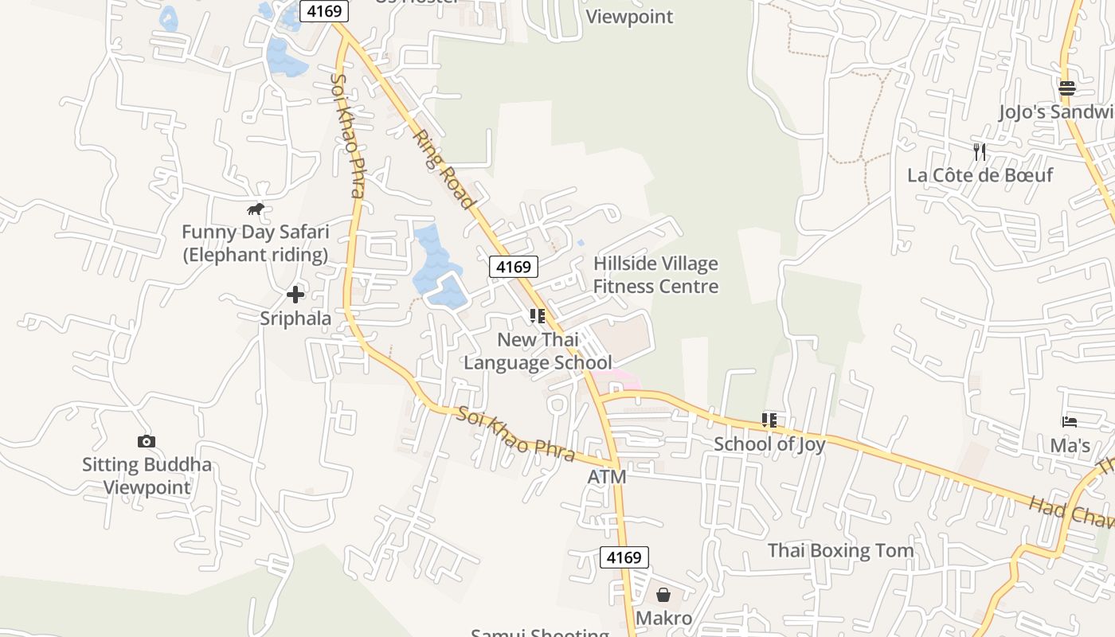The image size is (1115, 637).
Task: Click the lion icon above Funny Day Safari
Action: coord(255,209)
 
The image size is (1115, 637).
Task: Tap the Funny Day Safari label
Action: coord(255,244)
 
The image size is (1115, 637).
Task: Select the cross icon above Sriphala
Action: coord(295,295)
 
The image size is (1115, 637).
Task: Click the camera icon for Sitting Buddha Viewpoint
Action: coord(147,441)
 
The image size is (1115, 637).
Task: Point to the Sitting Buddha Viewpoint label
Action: coord(147,475)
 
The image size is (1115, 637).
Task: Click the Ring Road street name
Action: coord(444,170)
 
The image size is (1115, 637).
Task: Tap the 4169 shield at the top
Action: coord(324,11)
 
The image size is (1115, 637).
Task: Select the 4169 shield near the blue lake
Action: coord(514,267)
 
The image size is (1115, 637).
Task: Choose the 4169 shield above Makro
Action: coord(624,557)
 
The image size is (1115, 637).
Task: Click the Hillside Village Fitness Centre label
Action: coord(655,275)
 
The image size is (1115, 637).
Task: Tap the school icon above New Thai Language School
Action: coord(538,316)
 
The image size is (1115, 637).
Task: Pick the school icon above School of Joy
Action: coord(769,420)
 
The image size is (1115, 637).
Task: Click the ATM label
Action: coord(607,477)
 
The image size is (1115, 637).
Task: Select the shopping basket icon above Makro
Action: coord(663,595)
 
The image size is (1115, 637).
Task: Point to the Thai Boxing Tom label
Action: coord(840,550)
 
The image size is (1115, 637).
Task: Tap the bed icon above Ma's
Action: coord(1069,421)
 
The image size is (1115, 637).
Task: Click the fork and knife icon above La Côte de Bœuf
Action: coord(980,151)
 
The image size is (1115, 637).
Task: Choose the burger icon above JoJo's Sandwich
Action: coord(1067,88)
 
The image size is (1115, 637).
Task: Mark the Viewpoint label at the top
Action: coord(629,16)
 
